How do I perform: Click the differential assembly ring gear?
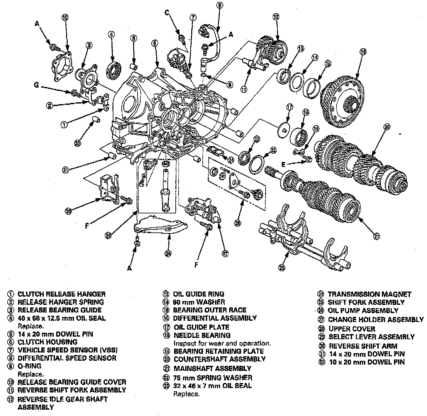click(343, 101)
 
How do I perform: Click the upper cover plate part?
click(160, 226)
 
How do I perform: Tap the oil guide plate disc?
click(283, 130)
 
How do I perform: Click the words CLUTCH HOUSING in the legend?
click(47, 342)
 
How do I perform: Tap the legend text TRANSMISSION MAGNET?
click(369, 294)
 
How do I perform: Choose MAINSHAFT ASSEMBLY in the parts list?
click(212, 368)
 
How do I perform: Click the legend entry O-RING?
click(29, 366)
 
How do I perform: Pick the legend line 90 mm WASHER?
click(199, 302)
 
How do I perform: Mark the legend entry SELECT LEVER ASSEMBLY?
click(371, 337)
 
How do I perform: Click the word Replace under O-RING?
click(30, 374)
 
